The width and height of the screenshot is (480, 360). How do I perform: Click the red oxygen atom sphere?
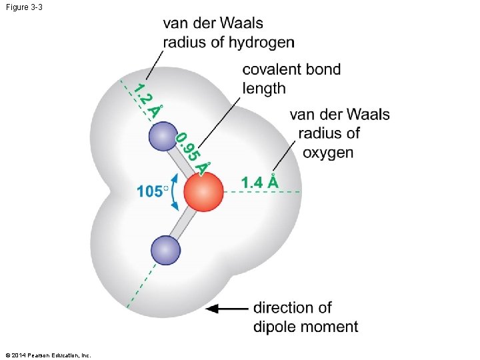click(x=203, y=191)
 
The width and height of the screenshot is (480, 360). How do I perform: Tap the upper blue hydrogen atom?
click(x=163, y=137)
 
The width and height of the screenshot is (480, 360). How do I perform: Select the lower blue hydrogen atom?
click(x=165, y=251)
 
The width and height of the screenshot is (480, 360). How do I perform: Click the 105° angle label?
click(x=152, y=191)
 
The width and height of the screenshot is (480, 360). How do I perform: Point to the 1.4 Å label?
click(x=259, y=181)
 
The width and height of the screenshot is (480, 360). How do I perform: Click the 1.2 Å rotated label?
click(x=146, y=100)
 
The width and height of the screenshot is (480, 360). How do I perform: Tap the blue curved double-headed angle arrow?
click(x=173, y=191)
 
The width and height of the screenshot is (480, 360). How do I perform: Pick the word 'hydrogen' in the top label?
click(x=261, y=42)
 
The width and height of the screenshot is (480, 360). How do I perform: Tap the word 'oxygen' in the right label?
click(x=328, y=152)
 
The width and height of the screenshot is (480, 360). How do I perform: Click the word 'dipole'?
click(x=275, y=327)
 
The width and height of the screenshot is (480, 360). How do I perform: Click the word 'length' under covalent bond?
click(x=264, y=88)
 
